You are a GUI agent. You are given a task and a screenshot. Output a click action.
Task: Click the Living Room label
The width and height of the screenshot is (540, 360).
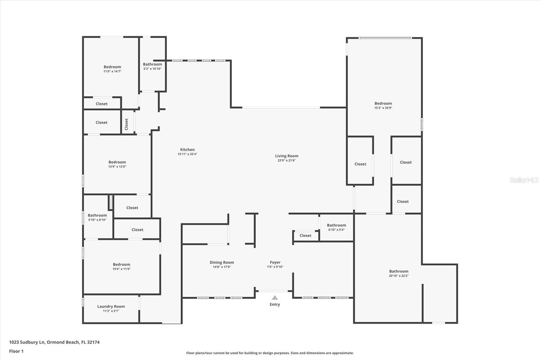coord(287,156)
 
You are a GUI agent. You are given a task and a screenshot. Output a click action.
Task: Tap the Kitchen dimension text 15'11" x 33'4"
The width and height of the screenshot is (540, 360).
coord(187,154)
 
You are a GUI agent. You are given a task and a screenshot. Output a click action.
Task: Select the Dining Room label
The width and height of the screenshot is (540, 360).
coord(222,262)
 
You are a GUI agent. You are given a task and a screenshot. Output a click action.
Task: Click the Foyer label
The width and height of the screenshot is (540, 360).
coord(275,262)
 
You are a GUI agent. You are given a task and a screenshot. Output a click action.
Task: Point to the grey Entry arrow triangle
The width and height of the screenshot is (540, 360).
coord(275,298)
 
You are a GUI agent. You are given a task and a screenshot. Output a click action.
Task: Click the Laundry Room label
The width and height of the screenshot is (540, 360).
coord(111,307)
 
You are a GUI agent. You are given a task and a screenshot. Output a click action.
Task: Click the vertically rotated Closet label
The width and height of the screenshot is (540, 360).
coord(127,124)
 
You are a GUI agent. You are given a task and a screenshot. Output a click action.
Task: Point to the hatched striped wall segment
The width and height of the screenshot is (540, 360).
coord(110,202)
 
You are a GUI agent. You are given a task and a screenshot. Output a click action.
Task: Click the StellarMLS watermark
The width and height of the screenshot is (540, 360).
coord(524,180)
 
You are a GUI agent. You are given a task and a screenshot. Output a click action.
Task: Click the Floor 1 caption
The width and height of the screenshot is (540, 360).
coord(16,351)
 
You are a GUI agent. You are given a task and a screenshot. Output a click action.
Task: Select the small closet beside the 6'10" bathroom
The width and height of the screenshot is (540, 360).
coord(305,236)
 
